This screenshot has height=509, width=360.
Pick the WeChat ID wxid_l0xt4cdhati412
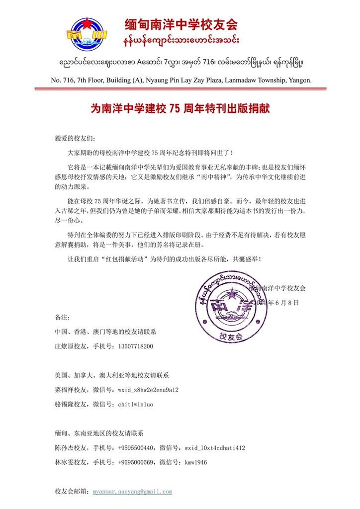(214, 448)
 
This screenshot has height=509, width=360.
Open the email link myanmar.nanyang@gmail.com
(132, 492)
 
